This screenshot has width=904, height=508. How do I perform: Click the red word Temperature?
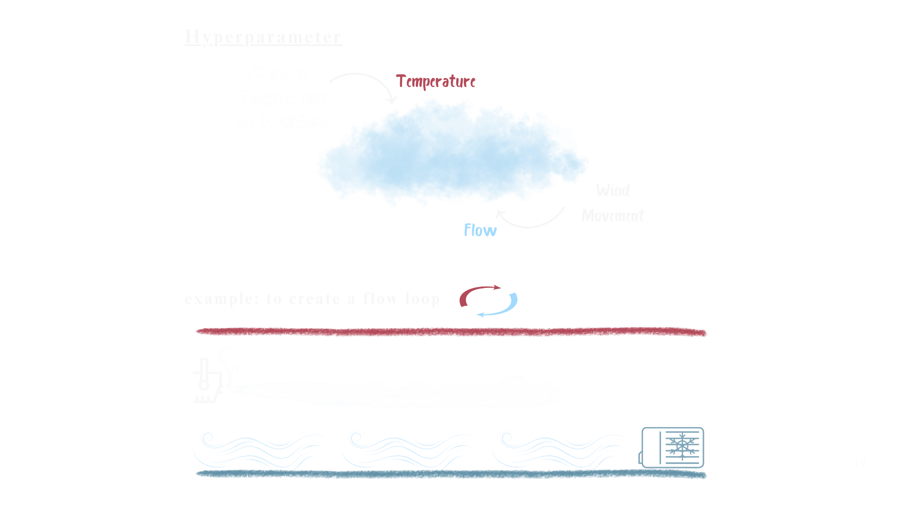coord(436,81)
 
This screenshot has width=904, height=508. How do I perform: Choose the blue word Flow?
coord(480,230)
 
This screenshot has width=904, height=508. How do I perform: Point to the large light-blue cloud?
coord(452,155)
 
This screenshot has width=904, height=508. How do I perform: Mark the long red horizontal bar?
coord(451,333)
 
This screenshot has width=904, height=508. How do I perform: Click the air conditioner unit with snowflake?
coord(672,447)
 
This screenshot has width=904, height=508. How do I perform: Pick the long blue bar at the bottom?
coord(451,475)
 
